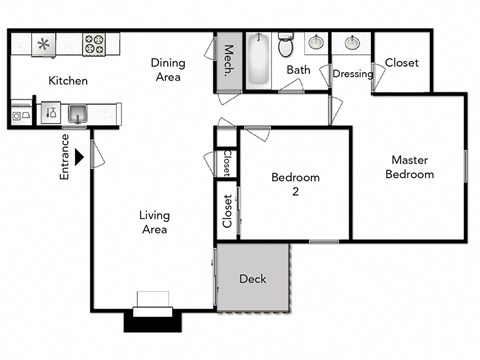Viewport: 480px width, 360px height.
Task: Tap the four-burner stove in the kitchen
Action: [95, 44]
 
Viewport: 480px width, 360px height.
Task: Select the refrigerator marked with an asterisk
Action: [44, 44]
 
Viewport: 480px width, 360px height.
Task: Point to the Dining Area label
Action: [168, 69]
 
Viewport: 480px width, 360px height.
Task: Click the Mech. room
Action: [228, 63]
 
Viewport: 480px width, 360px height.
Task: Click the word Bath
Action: [298, 70]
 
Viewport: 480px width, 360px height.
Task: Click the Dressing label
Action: [352, 74]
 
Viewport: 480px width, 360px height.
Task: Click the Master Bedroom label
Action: [412, 167]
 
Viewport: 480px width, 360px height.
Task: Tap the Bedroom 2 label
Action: [296, 184]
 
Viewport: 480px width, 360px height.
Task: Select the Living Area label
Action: [154, 222]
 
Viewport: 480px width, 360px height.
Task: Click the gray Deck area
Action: [253, 278]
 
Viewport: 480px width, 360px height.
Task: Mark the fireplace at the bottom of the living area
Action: [153, 310]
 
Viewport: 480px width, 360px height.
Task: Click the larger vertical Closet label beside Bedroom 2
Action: [227, 211]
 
